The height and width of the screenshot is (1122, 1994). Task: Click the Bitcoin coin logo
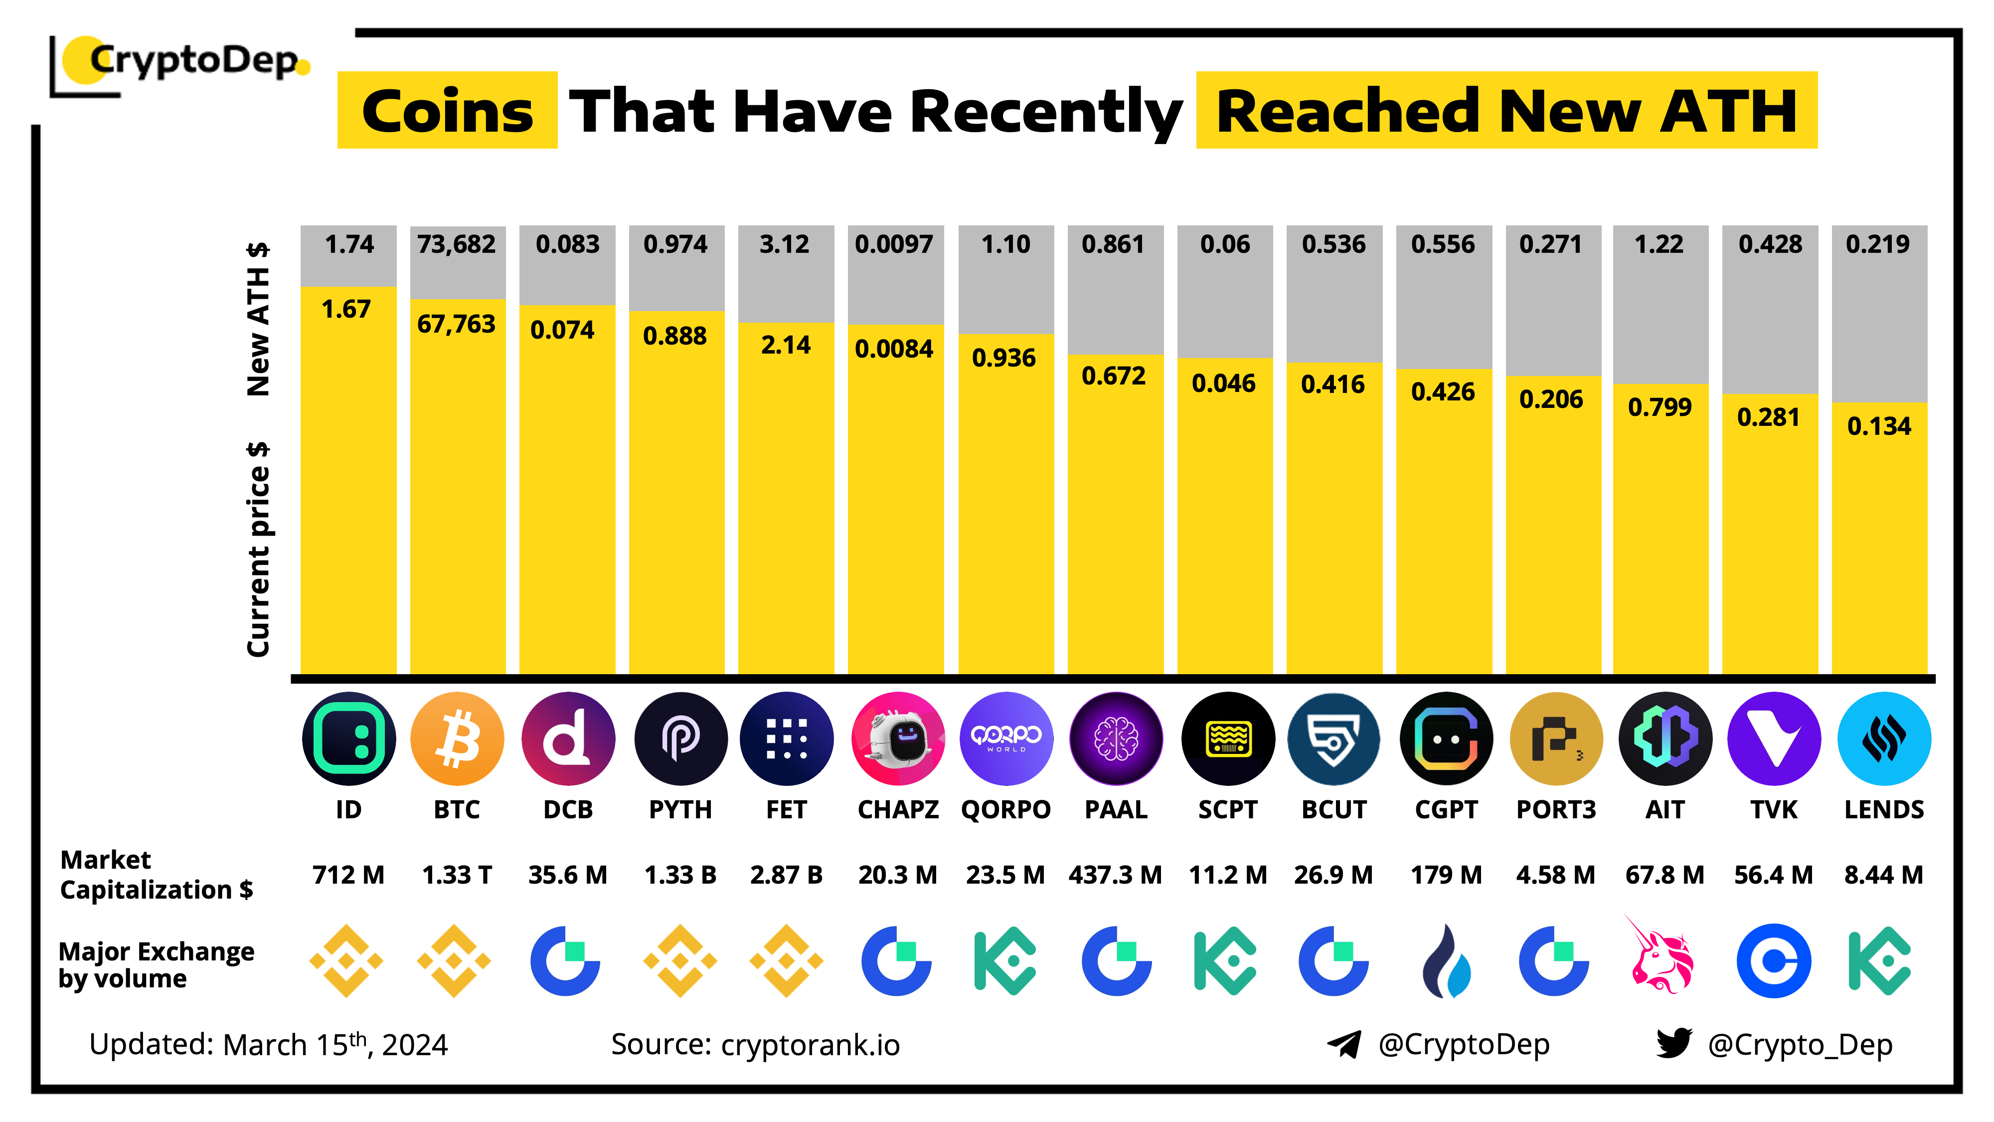pos(457,739)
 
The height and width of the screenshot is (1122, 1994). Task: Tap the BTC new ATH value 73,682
pos(457,245)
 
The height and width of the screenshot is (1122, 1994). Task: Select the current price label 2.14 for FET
pos(786,345)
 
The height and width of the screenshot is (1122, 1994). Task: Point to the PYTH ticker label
pos(679,809)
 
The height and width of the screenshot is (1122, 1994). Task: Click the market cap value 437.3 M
pos(1116,875)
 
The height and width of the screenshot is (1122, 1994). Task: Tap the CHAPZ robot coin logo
pos(898,739)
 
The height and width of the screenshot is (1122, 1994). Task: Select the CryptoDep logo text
pos(193,60)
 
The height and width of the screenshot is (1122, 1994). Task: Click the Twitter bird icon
pos(1673,1043)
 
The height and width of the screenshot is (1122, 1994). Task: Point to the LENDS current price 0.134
pos(1879,426)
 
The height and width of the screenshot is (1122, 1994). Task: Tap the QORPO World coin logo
pos(1006,739)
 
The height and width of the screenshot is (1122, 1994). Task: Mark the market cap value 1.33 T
pos(457,875)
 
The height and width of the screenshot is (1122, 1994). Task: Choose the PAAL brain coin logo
pos(1116,739)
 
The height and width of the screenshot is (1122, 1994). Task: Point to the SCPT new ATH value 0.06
pos(1225,245)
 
